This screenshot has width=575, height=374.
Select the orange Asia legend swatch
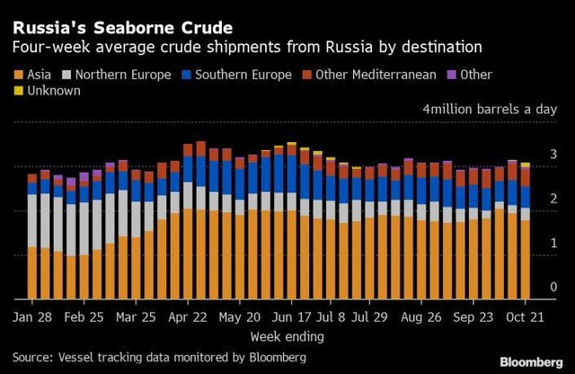19,75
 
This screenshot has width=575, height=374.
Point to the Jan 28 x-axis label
32,317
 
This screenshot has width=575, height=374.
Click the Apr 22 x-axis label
188,317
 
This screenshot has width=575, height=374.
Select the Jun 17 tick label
290,317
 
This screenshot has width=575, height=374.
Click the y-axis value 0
553,287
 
